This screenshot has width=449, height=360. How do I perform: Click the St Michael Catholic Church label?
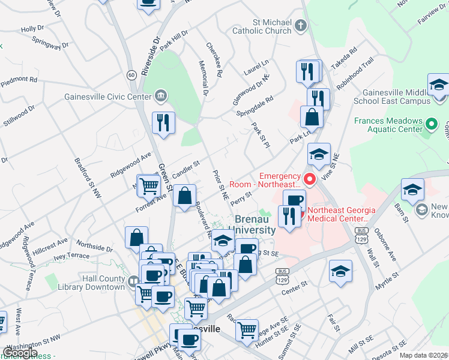click(x=262, y=26)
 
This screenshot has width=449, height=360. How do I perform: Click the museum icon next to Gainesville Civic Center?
click(x=161, y=95)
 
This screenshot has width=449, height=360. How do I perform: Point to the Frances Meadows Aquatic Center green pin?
click(x=430, y=125)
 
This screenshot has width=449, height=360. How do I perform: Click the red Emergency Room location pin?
click(x=310, y=179)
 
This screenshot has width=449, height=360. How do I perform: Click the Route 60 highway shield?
click(x=131, y=75)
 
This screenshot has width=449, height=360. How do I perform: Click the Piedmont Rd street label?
click(x=20, y=80)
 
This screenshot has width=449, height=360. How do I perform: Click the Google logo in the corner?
click(x=20, y=353)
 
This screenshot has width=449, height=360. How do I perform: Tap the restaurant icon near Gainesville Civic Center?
click(x=163, y=123)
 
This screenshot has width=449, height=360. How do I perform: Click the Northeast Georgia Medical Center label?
click(x=342, y=214)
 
